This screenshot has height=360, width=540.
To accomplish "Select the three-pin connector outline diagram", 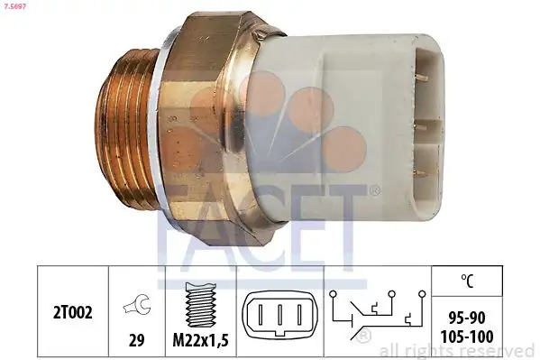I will [278, 317].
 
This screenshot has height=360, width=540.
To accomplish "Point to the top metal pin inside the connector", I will [422, 79].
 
